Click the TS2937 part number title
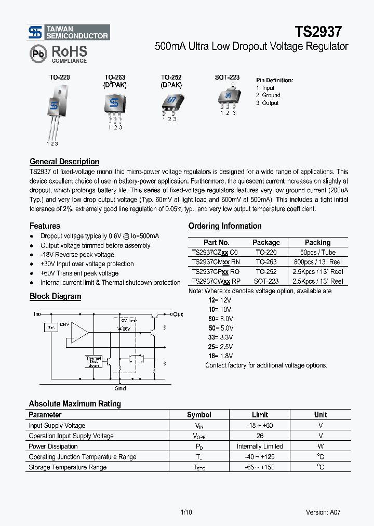(318, 32)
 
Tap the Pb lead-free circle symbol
(37, 54)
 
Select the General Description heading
(64, 162)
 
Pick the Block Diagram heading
(56, 296)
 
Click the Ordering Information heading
(225, 226)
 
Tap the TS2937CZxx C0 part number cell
(215, 252)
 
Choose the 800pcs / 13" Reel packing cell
(317, 262)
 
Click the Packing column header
(317, 242)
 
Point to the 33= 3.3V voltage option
(220, 337)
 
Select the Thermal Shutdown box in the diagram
(94, 361)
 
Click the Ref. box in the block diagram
(50, 327)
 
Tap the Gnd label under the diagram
(119, 388)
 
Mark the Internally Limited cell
(260, 446)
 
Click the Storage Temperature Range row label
(68, 467)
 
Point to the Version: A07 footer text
(323, 512)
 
